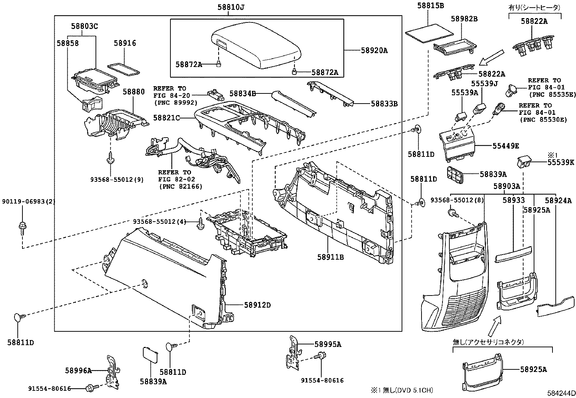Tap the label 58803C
[84, 26]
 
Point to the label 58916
[125, 43]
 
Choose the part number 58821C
[166, 118]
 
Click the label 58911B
[330, 257]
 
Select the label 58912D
[257, 305]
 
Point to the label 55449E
[505, 146]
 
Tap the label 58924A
[558, 200]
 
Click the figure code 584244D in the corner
[561, 393]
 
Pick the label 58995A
[328, 344]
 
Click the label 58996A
[79, 370]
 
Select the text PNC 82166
[181, 187]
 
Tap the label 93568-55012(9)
[117, 180]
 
